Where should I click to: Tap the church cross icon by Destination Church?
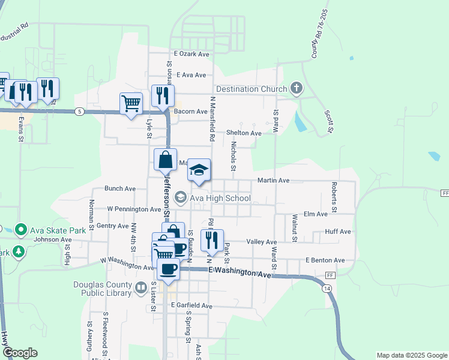click(295, 89)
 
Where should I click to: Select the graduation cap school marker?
click(199, 170)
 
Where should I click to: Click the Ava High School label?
click(220, 198)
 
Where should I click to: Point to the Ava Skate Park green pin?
click(20, 230)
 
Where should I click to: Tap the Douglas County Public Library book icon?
click(140, 289)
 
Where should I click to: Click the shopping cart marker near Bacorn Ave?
click(131, 103)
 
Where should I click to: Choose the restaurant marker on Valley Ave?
click(212, 240)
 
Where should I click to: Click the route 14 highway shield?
click(326, 289)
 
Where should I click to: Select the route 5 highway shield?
click(79, 111)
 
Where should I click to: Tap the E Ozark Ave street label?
click(191, 54)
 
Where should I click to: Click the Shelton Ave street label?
click(244, 133)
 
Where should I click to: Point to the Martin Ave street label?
click(273, 180)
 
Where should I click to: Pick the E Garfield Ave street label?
click(191, 305)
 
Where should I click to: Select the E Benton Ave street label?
click(325, 260)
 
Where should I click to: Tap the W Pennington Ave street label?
click(134, 209)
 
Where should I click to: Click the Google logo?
click(20, 353)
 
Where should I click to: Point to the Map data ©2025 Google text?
click(411, 355)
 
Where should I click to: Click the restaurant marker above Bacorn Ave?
click(163, 95)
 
